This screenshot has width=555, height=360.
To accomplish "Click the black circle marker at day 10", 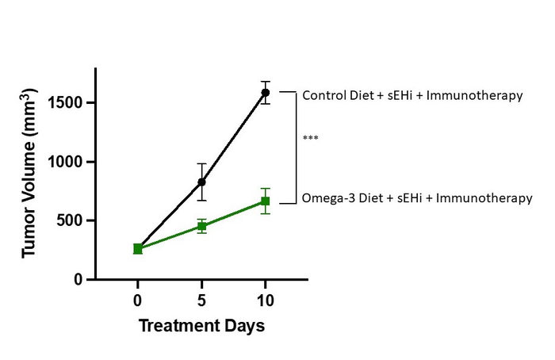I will click(265, 93).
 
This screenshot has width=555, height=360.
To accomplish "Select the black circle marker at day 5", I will click(201, 182).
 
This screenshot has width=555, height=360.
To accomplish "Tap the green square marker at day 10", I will click(265, 201).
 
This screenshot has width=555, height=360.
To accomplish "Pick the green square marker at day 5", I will click(201, 226).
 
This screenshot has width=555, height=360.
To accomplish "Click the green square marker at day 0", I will click(138, 249).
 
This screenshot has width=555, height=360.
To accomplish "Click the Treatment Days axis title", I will click(201, 326).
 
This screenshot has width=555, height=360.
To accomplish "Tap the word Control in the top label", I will click(322, 96).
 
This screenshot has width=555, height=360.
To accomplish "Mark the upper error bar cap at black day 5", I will click(201, 163).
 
